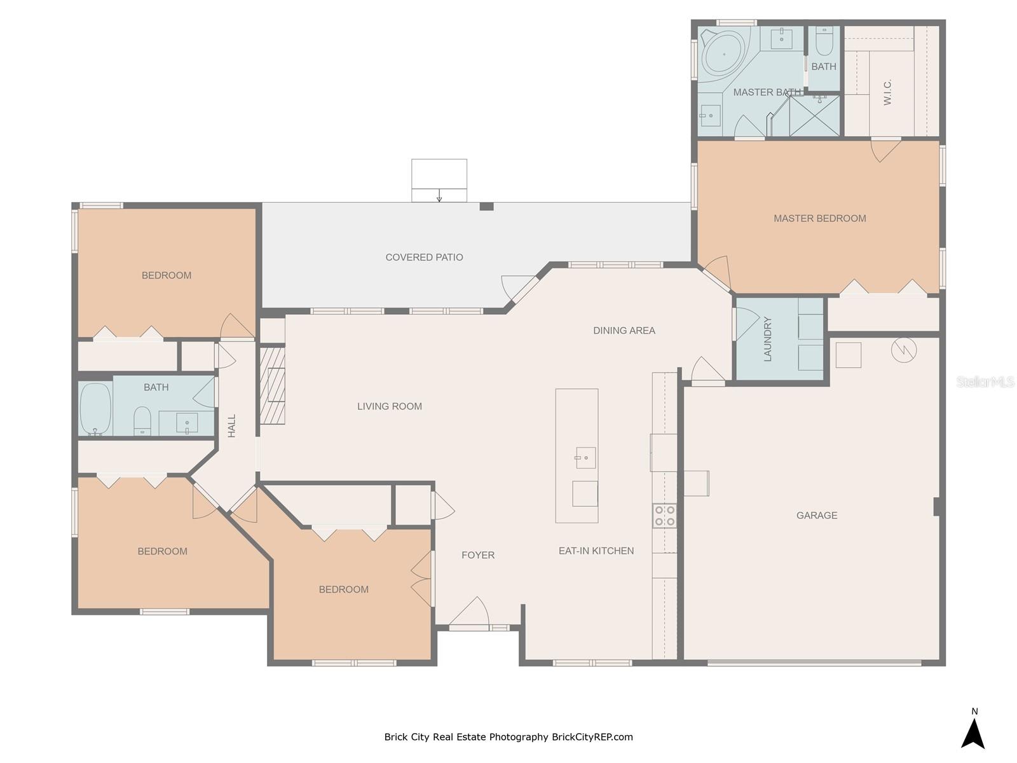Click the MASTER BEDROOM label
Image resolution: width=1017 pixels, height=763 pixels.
tap(819, 218)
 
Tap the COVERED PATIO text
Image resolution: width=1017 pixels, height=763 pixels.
tap(424, 257)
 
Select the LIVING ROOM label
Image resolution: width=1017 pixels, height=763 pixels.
tap(389, 406)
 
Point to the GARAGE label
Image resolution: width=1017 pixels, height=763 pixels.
tap(816, 515)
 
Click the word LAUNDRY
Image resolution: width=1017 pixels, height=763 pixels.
tap(767, 339)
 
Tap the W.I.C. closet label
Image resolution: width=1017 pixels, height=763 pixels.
tap(887, 93)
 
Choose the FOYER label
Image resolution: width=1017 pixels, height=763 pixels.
tap(478, 555)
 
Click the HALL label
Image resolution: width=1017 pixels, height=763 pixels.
tap(231, 425)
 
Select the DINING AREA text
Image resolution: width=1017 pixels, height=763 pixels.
tap(624, 330)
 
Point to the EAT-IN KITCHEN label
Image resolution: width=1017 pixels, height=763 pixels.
tap(596, 551)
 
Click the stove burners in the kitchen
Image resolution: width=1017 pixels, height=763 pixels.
tap(664, 516)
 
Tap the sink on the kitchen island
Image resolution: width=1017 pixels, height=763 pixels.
tap(585, 458)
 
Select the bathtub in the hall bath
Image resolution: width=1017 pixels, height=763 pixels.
tap(95, 409)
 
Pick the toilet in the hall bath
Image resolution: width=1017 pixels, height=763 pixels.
tap(142, 421)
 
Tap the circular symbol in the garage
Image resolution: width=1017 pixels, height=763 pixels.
tap(903, 350)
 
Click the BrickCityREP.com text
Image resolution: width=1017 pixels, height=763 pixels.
tap(592, 737)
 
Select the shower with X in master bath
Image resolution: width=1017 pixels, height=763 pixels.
tap(814, 116)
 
